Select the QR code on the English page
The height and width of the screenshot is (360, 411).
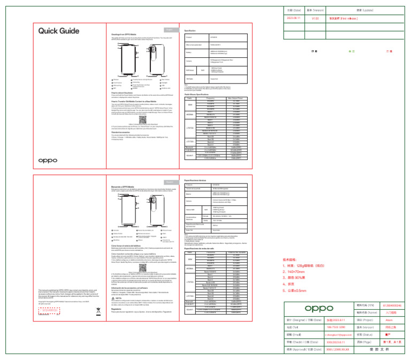click(x=141, y=105)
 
